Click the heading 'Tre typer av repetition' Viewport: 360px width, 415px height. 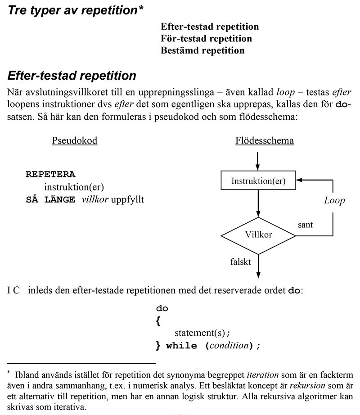72,10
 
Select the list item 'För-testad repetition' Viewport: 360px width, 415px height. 206,38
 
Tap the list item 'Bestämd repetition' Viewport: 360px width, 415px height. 202,50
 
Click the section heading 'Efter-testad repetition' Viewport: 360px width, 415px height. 72,75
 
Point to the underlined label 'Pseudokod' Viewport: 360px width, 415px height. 75,140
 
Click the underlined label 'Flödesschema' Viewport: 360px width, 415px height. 265,140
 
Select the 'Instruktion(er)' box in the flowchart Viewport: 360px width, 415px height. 258,181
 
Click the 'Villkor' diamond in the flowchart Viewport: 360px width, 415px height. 258,235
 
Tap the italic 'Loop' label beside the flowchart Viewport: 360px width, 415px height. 334,201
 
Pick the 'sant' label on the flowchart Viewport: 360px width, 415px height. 306,224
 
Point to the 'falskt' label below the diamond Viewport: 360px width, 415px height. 241,261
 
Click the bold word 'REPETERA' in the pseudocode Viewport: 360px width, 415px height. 50,174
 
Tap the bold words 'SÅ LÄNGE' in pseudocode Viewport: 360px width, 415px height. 50,199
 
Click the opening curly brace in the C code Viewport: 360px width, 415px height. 158,321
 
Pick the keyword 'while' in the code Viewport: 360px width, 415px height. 182,346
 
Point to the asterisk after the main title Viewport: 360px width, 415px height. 141,8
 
